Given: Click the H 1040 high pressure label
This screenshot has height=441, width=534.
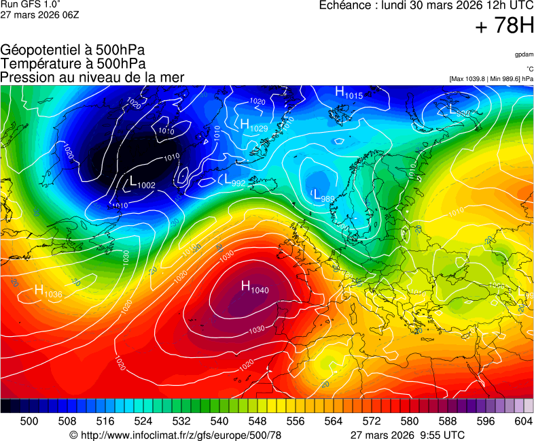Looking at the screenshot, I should [x=255, y=288].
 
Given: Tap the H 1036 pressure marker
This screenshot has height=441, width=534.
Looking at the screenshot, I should [x=48, y=292].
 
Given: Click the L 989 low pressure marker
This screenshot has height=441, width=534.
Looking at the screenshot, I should [x=323, y=196].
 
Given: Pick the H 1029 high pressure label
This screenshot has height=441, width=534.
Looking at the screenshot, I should [x=253, y=125].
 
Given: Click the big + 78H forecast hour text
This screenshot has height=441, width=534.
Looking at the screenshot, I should [x=503, y=27].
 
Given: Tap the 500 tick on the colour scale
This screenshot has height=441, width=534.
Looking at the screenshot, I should [x=29, y=421].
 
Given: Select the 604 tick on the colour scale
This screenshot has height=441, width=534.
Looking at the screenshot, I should [x=523, y=421].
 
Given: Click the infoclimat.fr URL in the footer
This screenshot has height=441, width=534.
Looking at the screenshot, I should [x=175, y=435].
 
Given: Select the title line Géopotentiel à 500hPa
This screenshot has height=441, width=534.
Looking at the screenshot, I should [x=73, y=50].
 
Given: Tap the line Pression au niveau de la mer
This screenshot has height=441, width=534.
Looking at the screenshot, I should [x=92, y=77].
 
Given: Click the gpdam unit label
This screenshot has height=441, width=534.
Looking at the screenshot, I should [x=523, y=54].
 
